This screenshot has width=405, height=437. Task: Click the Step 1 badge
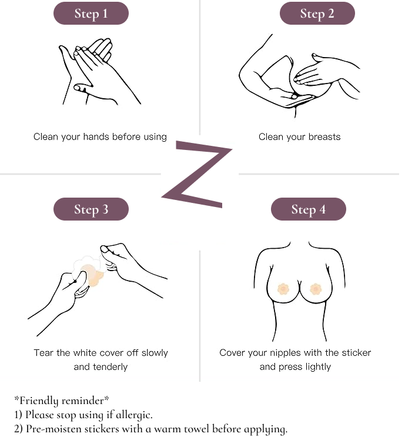click(91, 14)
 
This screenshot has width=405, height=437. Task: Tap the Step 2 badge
click(317, 14)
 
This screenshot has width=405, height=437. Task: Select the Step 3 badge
click(91, 209)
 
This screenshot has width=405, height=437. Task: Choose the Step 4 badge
click(309, 209)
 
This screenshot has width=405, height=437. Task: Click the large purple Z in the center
click(198, 174)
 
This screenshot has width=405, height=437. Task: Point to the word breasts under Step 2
click(324, 136)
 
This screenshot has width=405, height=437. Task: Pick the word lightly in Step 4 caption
click(318, 367)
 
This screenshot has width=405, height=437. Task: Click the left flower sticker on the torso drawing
click(283, 289)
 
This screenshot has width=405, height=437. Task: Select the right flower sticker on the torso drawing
click(316, 289)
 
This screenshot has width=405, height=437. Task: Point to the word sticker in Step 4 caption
click(356, 353)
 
